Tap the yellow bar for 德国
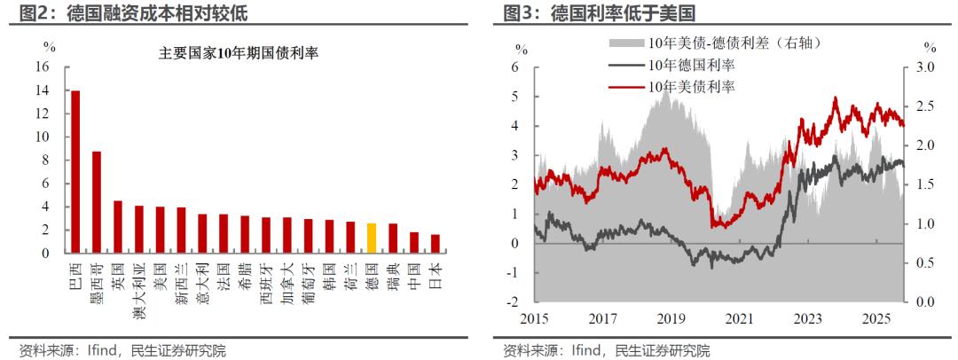[372, 239]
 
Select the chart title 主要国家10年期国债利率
[238, 52]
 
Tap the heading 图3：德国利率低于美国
[599, 12]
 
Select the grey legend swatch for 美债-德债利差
[626, 43]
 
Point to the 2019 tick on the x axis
[671, 318]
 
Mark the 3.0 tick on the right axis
[924, 67]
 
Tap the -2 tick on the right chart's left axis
[514, 301]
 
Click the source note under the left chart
[122, 350]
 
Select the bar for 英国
[118, 227]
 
